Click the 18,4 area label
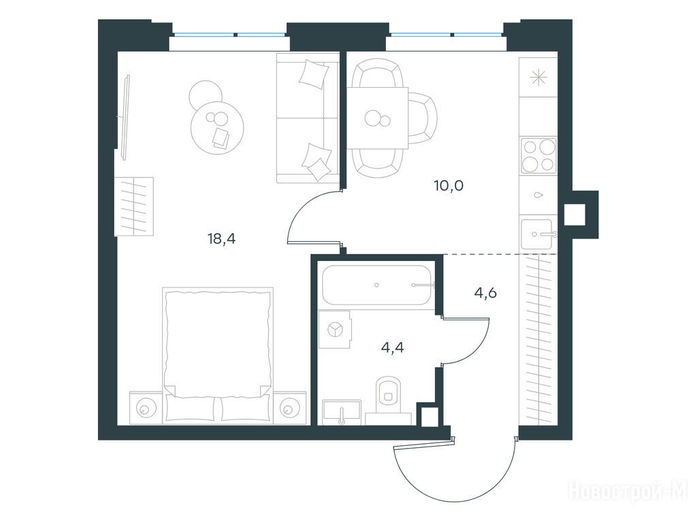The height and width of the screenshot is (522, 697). tap(221, 239)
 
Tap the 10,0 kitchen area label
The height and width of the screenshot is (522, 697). tap(449, 186)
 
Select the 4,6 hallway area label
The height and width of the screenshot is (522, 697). tap(485, 293)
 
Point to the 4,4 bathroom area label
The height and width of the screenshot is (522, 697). tap(393, 347)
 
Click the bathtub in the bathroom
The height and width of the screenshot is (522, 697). tap(377, 285)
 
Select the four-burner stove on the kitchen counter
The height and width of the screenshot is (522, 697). tap(538, 156)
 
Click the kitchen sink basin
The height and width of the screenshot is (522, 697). tap(537, 234)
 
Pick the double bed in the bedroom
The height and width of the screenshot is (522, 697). tap(218, 355)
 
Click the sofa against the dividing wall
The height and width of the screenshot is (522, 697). tap(308, 118)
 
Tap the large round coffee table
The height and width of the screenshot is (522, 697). tap(217, 127)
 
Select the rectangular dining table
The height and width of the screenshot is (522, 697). tap(378, 118)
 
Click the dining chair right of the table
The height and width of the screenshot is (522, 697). tap(423, 118)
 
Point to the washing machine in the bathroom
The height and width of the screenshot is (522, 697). tap(335, 330)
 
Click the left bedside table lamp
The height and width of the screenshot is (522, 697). tap(145, 408)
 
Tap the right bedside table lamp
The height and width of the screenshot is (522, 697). tap(289, 408)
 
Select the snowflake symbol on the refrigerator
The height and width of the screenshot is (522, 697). tap(538, 78)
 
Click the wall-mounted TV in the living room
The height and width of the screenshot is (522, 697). tap(125, 117)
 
